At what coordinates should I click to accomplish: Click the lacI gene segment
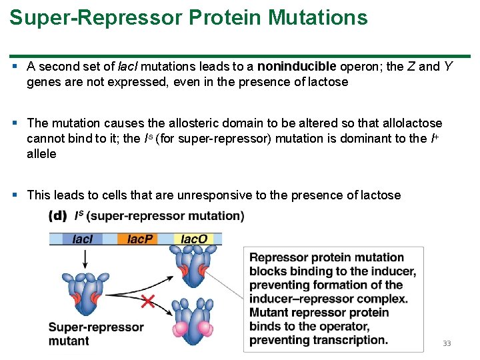tap(83, 238)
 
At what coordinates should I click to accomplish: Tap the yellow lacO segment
tap(194, 238)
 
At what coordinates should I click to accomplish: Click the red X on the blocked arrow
tap(148, 301)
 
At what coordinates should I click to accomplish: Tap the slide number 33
tap(446, 343)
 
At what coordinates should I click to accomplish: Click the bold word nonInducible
tap(297, 66)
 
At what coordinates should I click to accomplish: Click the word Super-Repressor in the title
tap(96, 17)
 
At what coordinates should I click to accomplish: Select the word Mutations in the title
tap(317, 17)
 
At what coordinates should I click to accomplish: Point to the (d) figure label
tap(59, 215)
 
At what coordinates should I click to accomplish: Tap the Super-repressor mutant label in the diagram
tap(95, 333)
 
